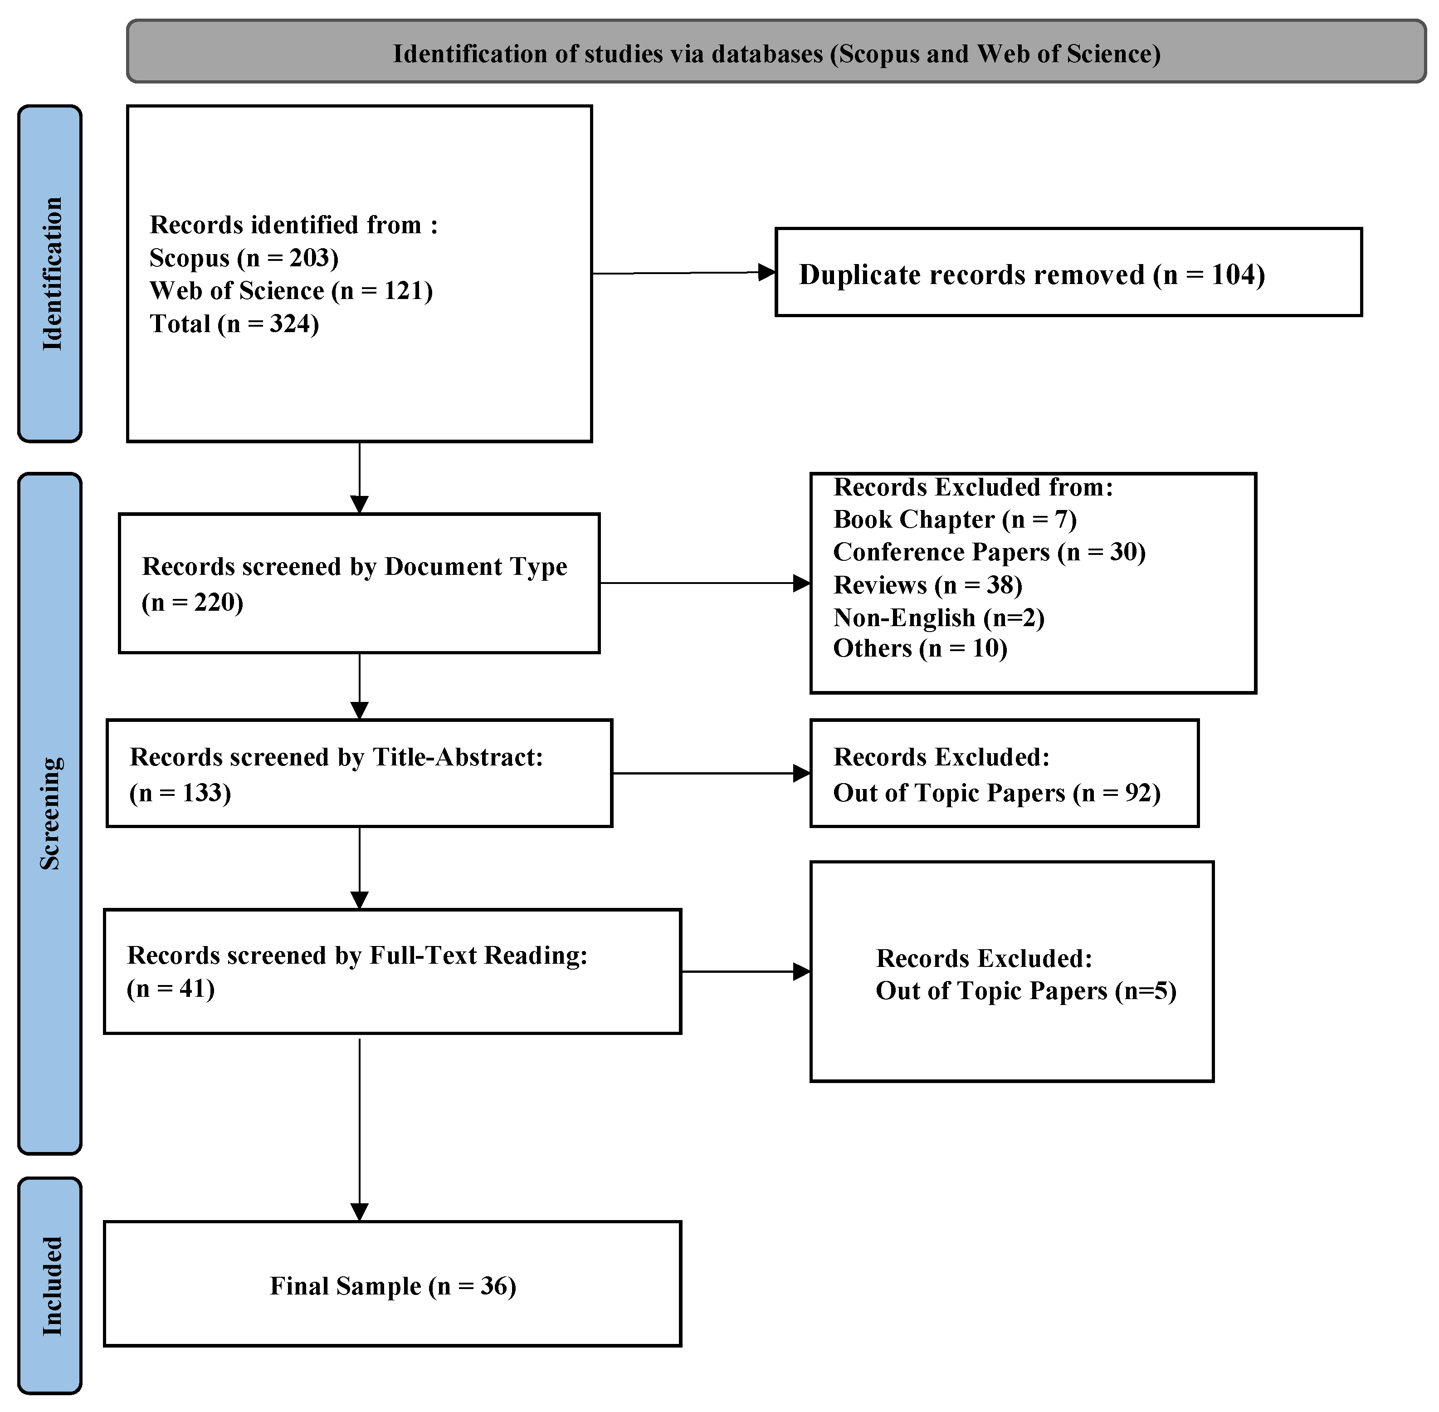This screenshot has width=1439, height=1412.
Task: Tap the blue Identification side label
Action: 50,274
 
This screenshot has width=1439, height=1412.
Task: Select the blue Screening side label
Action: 50,813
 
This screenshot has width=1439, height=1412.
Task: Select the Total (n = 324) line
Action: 234,324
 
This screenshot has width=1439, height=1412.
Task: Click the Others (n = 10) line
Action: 920,649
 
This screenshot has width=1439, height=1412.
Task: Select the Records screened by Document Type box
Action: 359,583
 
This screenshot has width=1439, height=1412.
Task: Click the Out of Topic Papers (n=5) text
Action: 1025,991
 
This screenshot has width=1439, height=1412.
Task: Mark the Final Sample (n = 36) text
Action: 393,1286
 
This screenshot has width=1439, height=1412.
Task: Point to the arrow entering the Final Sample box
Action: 359,1210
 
